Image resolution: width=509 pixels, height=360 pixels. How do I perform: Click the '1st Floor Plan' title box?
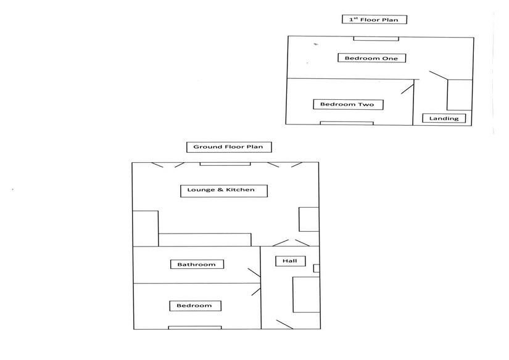374,19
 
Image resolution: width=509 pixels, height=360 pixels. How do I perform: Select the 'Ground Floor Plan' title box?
229,147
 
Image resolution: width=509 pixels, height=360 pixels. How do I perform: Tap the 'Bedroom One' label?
371,58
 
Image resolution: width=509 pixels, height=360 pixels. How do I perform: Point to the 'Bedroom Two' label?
347,104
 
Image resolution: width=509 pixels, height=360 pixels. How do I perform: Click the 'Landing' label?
444,118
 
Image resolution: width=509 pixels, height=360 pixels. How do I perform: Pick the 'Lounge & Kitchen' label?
225,190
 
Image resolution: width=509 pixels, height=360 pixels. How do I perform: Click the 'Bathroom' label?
197,264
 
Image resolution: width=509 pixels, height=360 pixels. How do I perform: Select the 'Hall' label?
290,261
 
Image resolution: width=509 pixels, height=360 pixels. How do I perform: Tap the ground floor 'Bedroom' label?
194,305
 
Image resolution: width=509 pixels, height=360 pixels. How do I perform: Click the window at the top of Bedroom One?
376,39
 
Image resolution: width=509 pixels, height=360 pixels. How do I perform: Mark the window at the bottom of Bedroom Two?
346,123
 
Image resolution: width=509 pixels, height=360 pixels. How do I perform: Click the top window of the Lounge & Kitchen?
225,163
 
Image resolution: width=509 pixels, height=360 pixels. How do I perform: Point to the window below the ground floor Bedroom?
194,327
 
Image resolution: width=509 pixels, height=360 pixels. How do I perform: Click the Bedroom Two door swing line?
407,88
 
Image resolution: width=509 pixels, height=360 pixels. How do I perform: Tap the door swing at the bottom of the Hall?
284,324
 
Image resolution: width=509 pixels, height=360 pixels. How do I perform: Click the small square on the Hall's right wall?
317,268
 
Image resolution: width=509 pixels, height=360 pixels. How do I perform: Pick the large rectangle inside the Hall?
305,295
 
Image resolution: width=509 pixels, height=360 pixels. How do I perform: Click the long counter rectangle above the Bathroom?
205,239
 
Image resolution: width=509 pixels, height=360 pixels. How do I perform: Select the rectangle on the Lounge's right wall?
308,219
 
